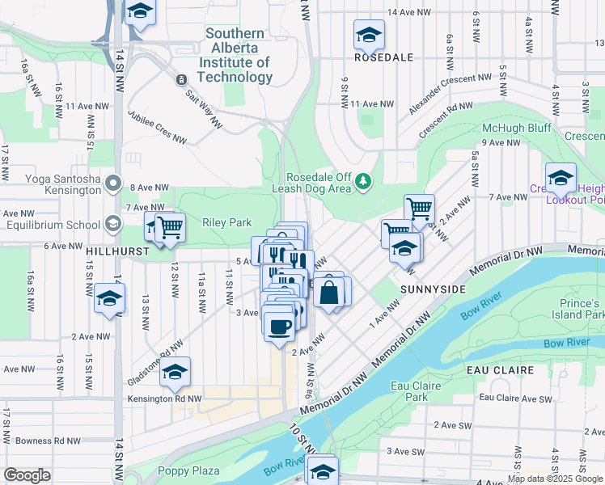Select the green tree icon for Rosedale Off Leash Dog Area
pos(365,179)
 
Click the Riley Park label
pos(227,223)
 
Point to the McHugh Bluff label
pos(516,129)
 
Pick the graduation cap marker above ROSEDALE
pos(369,36)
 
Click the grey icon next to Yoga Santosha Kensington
pos(114,183)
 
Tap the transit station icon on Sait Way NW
pos(180,79)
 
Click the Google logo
pos(27,474)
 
